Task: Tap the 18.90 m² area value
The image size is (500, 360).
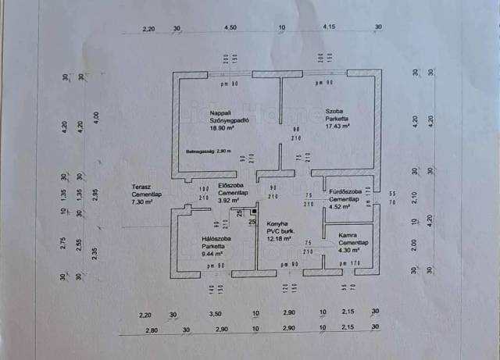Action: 220,129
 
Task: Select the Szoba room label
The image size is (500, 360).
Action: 334,111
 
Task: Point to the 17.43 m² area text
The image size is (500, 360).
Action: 337,125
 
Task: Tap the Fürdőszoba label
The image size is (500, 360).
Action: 345,192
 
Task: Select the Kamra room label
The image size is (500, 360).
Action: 348,236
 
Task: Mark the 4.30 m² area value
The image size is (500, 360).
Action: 348,250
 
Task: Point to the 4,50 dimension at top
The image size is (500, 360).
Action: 230,29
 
